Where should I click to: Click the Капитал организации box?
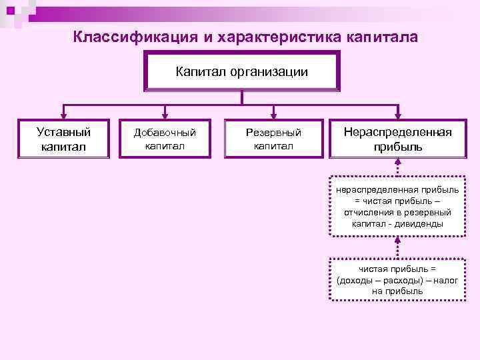(x=242, y=71)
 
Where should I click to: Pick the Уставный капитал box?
(x=64, y=139)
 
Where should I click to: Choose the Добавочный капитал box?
(x=165, y=139)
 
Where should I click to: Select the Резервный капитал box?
(x=273, y=139)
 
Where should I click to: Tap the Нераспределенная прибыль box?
(x=397, y=139)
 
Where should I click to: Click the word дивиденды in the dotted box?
(x=419, y=224)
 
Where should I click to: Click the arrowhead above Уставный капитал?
(x=64, y=115)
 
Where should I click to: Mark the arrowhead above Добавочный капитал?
(x=165, y=115)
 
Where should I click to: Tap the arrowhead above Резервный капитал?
(x=273, y=115)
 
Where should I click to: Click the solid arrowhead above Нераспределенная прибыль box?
(x=398, y=115)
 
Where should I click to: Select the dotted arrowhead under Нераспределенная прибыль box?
(x=398, y=163)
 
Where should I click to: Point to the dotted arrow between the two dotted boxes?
(x=398, y=247)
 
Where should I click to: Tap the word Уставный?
(x=64, y=132)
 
